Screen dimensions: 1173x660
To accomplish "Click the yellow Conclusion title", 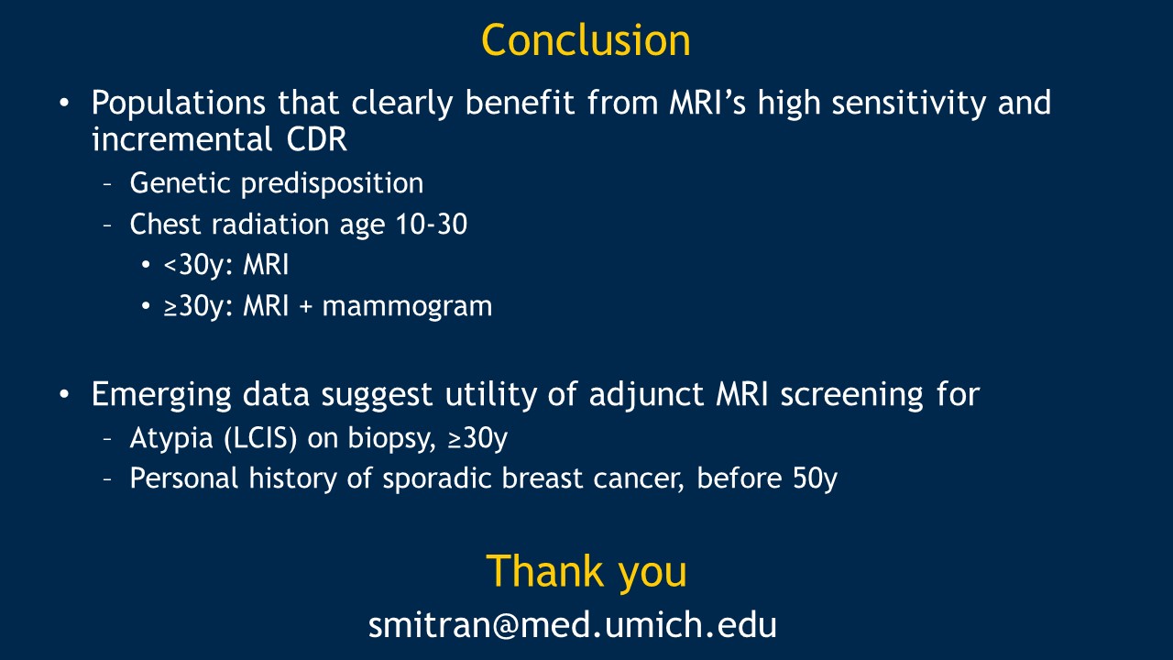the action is click(x=586, y=40).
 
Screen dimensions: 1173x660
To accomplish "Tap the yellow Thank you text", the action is click(x=586, y=573).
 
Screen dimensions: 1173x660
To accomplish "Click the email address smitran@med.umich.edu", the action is click(x=573, y=625).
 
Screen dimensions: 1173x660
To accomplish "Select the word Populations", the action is click(x=179, y=104).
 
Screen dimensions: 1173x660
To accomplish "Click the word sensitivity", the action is click(x=908, y=104).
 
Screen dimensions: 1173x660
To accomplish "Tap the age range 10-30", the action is click(x=432, y=225).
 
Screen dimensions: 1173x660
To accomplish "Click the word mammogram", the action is click(x=408, y=306).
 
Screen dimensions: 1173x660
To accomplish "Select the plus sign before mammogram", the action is click(x=306, y=306).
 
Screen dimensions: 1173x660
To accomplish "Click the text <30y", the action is click(x=194, y=265).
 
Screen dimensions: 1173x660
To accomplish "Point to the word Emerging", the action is click(x=161, y=395).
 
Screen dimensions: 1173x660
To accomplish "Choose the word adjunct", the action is click(x=646, y=395).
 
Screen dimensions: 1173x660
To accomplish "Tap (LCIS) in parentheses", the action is click(x=260, y=438).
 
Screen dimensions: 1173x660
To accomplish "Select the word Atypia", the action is click(x=171, y=438).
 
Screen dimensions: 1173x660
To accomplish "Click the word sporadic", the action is click(x=437, y=478).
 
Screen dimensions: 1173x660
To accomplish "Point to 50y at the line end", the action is click(x=815, y=478).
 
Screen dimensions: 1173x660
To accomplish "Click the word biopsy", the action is click(x=391, y=438).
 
